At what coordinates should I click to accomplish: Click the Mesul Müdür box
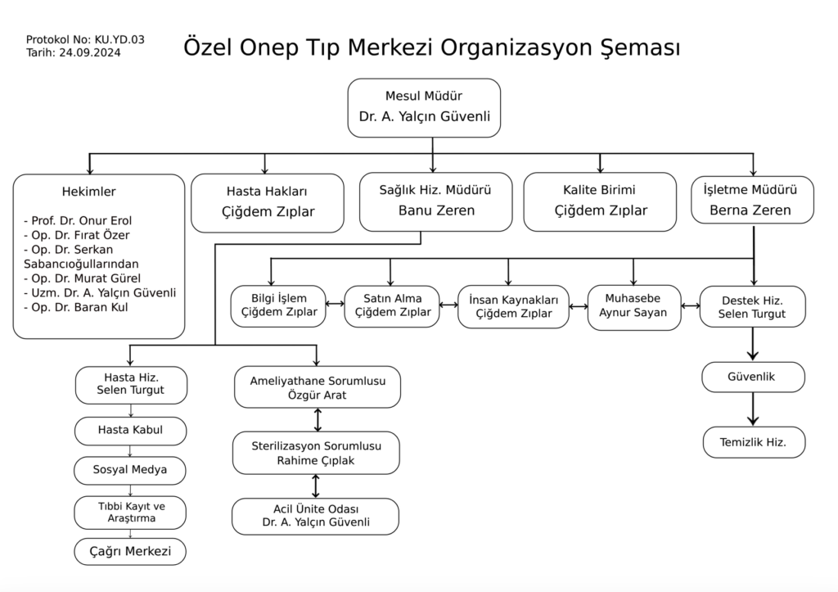424,108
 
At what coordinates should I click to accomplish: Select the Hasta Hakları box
268,203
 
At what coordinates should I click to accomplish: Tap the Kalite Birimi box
600,201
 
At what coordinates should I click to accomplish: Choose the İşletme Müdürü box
752,200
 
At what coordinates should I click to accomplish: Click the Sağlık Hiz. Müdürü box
435,201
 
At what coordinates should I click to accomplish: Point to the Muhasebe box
634,307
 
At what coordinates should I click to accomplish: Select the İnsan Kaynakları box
513,306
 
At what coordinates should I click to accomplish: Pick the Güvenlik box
753,377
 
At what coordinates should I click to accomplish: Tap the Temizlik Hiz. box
754,442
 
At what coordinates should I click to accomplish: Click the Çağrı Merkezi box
130,551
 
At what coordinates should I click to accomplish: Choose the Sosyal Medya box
130,470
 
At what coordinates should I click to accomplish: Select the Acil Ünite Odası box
315,516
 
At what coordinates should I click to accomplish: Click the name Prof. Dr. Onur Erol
81,221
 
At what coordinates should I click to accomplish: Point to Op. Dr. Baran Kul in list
79,308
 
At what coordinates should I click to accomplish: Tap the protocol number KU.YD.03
119,39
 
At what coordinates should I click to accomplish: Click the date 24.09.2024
90,52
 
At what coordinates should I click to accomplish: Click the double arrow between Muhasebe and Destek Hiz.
691,306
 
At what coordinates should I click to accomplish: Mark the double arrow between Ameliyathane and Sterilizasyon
318,420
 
